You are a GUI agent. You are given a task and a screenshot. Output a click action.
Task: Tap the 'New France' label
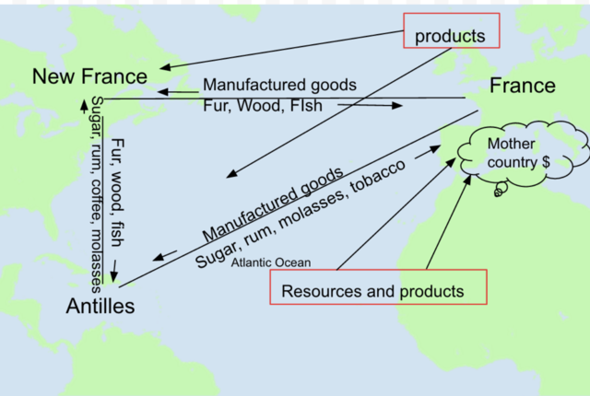coord(89,76)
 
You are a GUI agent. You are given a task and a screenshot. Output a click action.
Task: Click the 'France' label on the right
coord(522,86)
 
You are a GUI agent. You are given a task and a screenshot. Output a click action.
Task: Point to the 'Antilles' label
coord(100,306)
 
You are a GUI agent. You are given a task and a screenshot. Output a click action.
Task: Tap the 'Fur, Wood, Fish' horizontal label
coord(262,105)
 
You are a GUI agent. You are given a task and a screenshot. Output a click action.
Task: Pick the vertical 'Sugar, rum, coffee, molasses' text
coord(97,193)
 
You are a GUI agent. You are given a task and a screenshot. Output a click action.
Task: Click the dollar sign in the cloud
coord(547,160)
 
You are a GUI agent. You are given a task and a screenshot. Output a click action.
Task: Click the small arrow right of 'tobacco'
coord(425,153)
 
